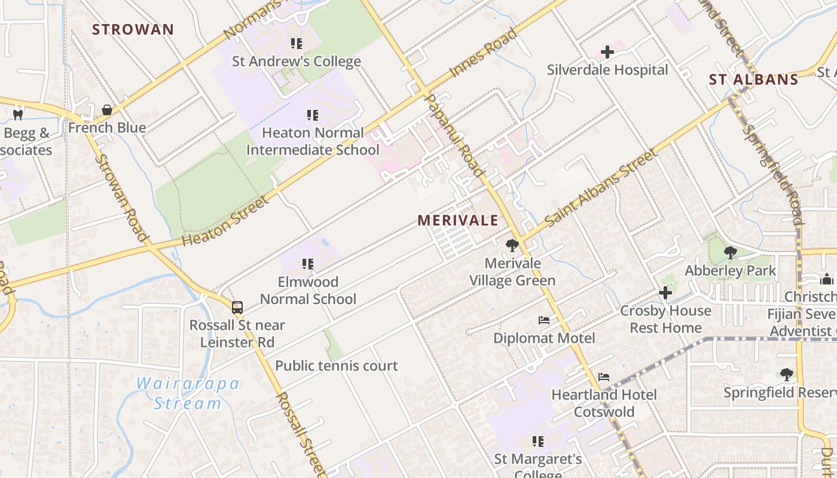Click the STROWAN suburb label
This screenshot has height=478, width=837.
(133, 29)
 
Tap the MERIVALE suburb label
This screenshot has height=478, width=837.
(458, 220)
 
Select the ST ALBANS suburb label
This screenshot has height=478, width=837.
(753, 79)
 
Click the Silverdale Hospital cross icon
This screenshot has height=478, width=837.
(607, 52)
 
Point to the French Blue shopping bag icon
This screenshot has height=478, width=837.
(107, 110)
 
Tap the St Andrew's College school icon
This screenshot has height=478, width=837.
(296, 44)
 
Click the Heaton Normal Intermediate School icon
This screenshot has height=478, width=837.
(312, 115)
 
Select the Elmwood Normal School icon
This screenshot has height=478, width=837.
(308, 264)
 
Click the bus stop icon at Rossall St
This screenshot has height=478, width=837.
(237, 308)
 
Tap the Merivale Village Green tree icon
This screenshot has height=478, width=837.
(512, 245)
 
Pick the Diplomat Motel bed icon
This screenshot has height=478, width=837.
(544, 320)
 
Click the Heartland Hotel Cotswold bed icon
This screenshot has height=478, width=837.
(604, 377)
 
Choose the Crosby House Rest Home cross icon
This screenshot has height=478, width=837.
(665, 293)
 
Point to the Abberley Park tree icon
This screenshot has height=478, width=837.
(730, 253)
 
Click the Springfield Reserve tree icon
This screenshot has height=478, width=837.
(787, 375)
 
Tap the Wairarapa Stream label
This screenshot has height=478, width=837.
(187, 393)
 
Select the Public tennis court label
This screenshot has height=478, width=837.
(337, 366)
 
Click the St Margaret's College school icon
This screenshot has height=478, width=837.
(538, 442)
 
